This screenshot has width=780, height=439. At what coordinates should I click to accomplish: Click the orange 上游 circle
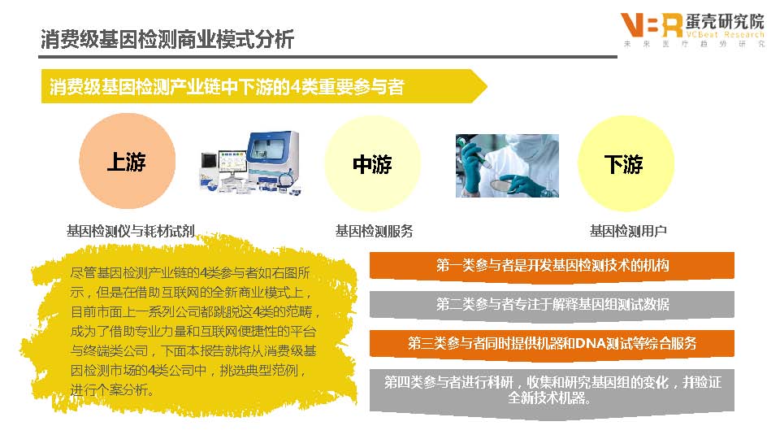pos(128,161)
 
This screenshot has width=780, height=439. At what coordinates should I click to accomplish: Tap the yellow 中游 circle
pos(373,163)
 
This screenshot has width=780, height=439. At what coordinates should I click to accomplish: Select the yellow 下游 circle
pos(626,163)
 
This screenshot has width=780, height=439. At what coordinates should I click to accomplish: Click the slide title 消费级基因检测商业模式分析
pos(167,39)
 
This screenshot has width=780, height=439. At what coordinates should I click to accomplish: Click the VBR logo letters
pos(652,25)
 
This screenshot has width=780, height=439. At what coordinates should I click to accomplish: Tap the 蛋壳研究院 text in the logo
pos(724,21)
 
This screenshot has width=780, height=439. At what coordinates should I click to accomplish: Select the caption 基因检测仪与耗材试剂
pos(130,231)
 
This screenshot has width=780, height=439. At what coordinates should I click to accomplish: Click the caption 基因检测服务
pos(374,231)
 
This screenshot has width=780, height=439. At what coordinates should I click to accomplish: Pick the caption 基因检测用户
pos(628,231)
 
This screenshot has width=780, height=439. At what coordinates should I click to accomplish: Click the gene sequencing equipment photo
pos(250,163)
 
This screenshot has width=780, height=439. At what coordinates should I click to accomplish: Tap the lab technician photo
pos(507,166)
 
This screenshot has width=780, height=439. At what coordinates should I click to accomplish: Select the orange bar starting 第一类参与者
pos(552,266)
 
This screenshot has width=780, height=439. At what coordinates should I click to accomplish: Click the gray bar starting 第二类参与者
pos(552,304)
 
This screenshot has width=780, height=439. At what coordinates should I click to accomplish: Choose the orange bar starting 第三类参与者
pos(552,343)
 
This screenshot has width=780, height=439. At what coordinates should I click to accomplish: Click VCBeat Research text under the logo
pos(724,34)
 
